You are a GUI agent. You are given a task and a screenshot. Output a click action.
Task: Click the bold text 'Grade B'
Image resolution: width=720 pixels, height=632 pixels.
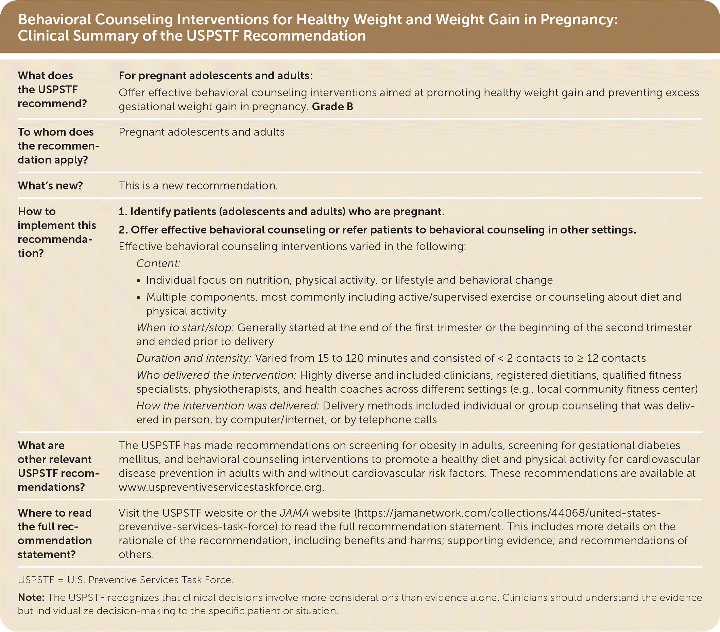click(x=332, y=107)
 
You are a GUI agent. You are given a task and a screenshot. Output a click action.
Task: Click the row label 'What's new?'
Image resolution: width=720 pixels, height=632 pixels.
click(x=50, y=185)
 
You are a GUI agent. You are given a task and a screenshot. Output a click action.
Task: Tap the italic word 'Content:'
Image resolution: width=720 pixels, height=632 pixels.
click(x=158, y=263)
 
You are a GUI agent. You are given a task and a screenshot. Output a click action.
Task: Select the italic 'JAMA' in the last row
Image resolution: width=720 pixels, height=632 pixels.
click(x=294, y=513)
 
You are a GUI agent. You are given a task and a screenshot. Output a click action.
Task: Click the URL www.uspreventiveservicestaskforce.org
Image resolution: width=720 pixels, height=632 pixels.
click(x=221, y=487)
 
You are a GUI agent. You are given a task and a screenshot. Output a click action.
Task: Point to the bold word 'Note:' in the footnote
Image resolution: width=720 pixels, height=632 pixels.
click(x=31, y=597)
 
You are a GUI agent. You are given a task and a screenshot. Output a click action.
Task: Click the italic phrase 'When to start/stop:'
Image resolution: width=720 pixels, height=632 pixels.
click(x=185, y=328)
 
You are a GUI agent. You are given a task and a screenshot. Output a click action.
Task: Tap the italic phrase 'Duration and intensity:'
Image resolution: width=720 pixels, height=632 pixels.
click(x=193, y=358)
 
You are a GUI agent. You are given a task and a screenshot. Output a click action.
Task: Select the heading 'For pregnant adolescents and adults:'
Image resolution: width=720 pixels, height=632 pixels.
click(x=216, y=76)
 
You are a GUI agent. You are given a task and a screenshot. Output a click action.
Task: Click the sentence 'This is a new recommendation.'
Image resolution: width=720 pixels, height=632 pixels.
click(x=198, y=185)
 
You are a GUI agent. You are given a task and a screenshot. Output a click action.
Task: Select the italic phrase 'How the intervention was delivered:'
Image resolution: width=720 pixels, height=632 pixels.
click(x=227, y=406)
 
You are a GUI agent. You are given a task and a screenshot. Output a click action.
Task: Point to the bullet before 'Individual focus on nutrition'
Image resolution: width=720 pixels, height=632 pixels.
click(x=139, y=281)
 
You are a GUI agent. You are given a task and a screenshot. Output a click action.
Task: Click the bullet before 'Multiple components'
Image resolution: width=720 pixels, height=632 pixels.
click(x=139, y=297)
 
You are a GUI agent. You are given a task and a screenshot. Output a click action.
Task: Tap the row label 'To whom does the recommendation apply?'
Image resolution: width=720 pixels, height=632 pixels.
click(x=58, y=146)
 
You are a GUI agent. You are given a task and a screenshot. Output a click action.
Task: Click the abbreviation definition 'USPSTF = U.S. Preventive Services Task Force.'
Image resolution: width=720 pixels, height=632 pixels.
click(x=125, y=580)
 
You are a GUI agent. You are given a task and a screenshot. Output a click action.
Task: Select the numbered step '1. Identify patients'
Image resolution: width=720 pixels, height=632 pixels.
click(x=281, y=212)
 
